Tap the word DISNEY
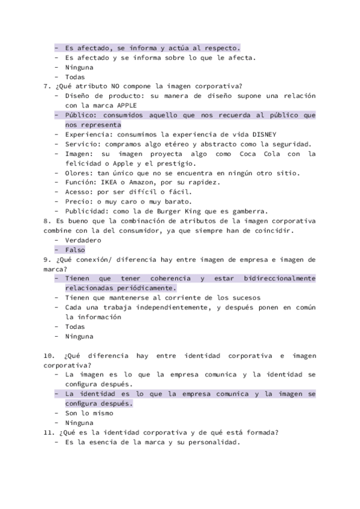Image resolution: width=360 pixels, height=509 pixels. point(262,134)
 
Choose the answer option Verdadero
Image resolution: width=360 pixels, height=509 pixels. point(83,239)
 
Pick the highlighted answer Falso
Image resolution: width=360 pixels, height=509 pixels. point(75,249)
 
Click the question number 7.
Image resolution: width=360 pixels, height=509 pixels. point(46,86)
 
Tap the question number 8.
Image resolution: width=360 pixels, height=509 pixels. point(46,220)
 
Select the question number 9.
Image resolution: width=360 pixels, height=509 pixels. point(46,259)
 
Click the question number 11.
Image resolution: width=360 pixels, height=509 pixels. point(48,432)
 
